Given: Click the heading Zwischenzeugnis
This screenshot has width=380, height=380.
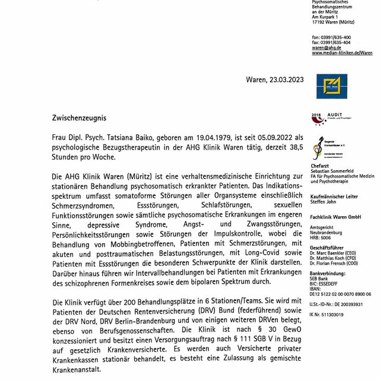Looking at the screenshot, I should (x=80, y=118).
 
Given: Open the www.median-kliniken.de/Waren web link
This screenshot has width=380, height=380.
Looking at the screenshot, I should (x=342, y=53).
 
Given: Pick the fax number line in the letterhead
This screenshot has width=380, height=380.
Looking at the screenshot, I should (x=331, y=42).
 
